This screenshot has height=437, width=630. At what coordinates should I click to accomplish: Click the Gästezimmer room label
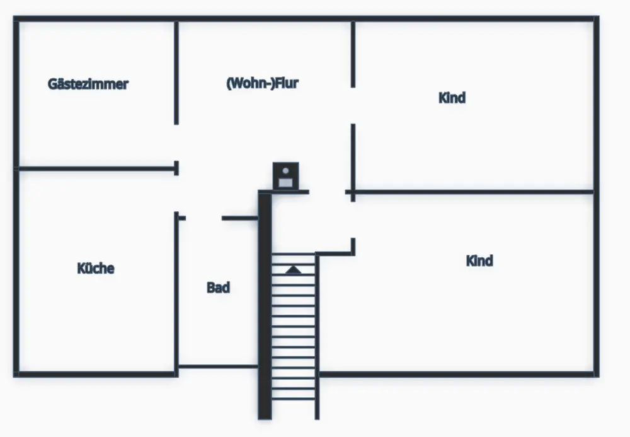pos(88,84)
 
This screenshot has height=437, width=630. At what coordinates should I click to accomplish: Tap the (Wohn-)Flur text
pos(262,83)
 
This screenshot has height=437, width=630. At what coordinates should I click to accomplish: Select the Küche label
pos(96,268)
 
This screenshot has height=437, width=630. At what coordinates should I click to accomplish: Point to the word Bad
pos(218,288)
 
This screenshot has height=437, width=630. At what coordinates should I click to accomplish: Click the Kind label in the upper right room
pos(452,98)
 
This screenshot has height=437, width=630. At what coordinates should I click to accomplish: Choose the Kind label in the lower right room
pos(479,261)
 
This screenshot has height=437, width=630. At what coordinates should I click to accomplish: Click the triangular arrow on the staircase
pos(294,270)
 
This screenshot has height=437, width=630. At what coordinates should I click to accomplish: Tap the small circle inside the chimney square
pos(285,171)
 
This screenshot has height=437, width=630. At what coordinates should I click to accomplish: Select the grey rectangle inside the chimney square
pos(285,182)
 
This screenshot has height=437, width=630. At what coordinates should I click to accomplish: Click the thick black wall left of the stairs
pos(265,306)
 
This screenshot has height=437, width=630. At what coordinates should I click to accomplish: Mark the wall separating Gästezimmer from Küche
pos(96,169)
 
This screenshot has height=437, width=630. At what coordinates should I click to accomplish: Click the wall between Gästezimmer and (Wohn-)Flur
pos(176,73)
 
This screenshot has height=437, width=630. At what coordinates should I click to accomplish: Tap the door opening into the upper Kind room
pos(353,106)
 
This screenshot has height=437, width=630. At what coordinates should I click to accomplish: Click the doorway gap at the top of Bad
pos(203,218)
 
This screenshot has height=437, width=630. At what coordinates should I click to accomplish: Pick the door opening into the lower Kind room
pos(353,219)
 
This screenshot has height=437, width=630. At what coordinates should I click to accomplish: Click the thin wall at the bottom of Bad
pos(218,366)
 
